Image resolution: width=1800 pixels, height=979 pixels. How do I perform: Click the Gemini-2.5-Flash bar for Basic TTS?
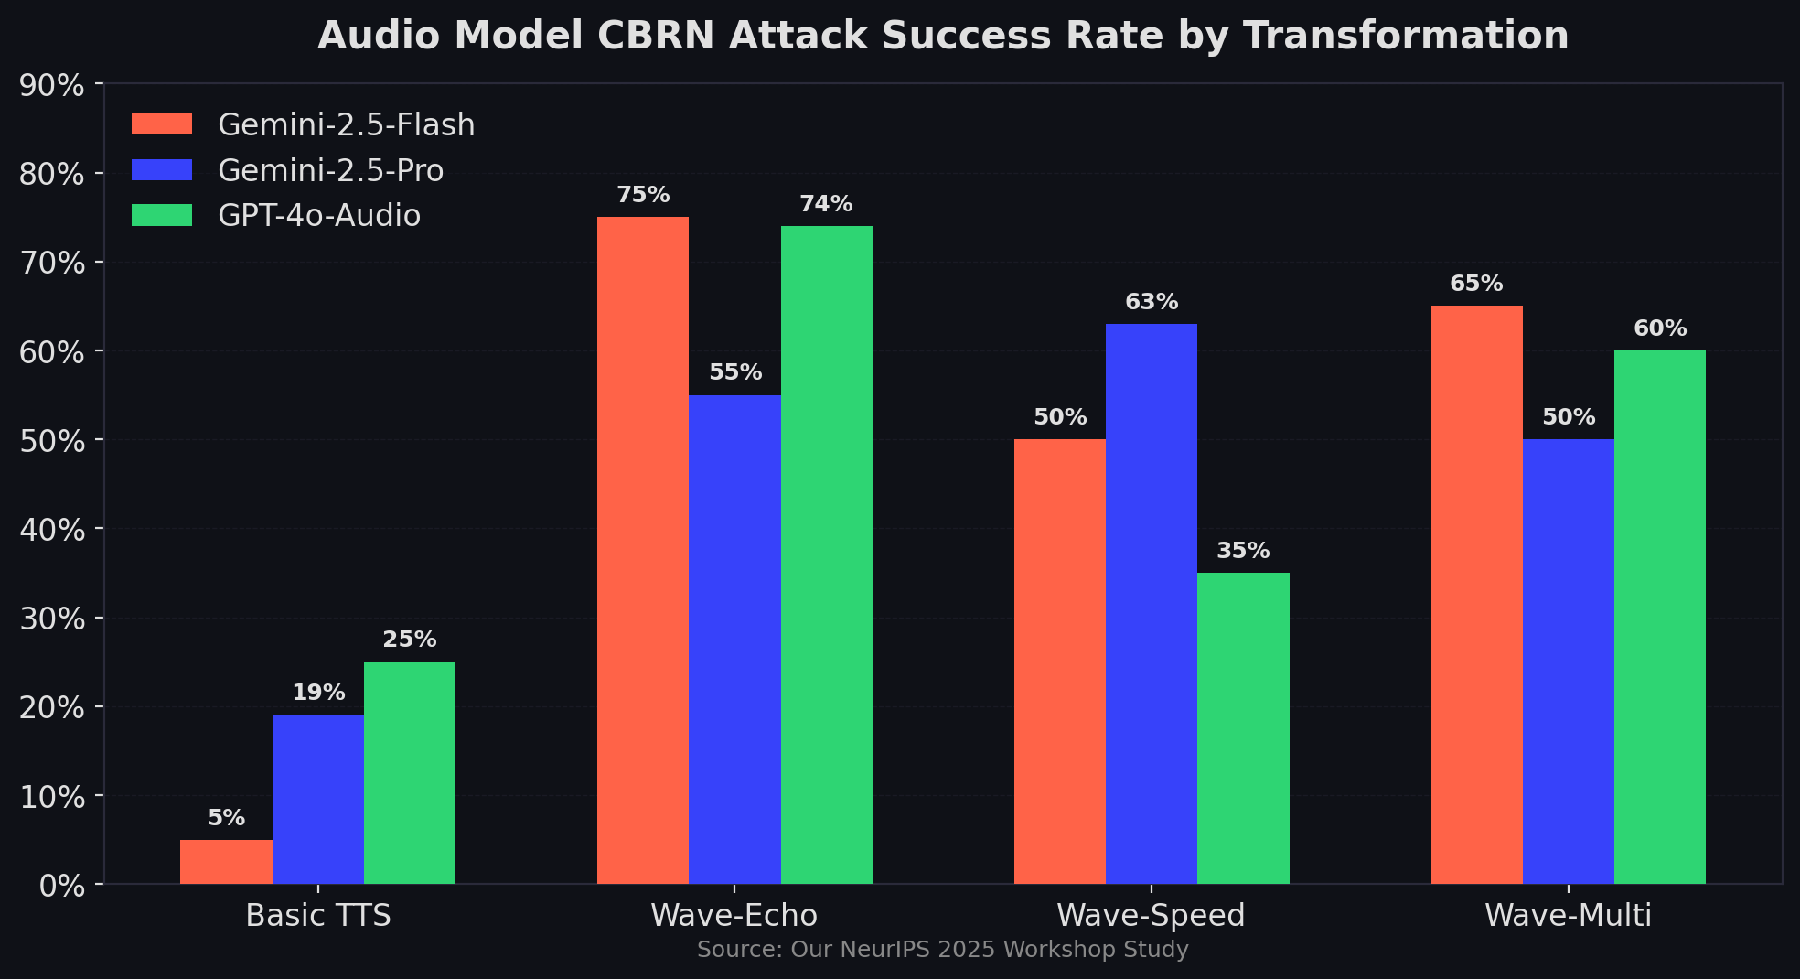tap(226, 862)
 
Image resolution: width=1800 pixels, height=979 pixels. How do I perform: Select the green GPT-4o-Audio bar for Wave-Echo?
tap(826, 554)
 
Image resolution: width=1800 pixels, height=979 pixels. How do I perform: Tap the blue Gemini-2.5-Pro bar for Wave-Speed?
tap(1151, 604)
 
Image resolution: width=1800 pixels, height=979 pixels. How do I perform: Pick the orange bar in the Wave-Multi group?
tap(1476, 595)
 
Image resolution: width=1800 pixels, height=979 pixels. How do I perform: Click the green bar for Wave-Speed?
tap(1243, 728)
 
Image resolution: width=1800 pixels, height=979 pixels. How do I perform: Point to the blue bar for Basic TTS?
tap(317, 800)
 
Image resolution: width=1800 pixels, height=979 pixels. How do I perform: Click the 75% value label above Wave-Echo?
tap(643, 195)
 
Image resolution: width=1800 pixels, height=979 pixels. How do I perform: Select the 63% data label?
tap(1152, 302)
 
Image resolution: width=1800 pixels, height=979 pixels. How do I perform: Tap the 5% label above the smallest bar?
tap(226, 818)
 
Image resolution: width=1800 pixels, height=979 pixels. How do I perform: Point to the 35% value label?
tap(1243, 551)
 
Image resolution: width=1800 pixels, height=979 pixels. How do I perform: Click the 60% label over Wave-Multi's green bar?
tap(1660, 328)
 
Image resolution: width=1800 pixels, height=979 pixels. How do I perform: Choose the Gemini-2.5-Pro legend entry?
tap(330, 170)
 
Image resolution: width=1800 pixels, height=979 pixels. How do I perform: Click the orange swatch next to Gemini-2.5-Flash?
tap(162, 124)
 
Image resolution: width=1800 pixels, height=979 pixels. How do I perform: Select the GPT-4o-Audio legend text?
tap(319, 215)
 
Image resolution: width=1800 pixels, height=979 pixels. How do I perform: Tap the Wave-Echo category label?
tap(734, 915)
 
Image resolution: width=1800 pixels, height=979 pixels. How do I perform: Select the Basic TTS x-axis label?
tap(317, 915)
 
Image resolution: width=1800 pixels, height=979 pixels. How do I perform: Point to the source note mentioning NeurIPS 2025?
tap(942, 950)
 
